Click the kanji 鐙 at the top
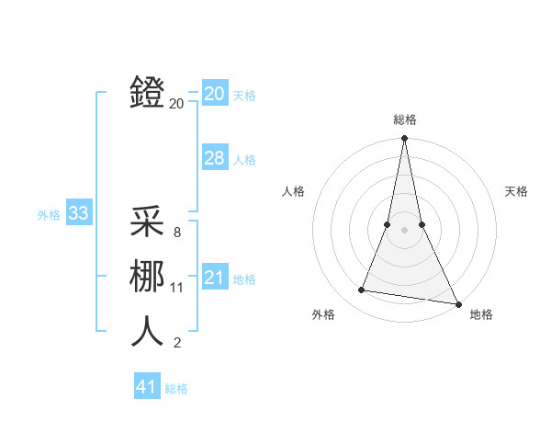[147, 94]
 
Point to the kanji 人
[147, 331]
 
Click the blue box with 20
[214, 94]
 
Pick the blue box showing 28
[214, 158]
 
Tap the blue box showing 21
[214, 278]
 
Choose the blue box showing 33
[78, 214]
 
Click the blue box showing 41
[147, 387]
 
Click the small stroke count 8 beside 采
[177, 233]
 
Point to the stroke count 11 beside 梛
[177, 288]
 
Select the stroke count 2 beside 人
[177, 343]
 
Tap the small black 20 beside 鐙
[176, 104]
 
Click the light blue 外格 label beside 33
[49, 215]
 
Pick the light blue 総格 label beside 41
[176, 388]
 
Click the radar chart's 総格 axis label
[404, 119]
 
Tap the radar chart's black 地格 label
[481, 314]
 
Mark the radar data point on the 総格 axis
[404, 139]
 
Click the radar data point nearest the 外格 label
[362, 290]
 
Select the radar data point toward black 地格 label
[457, 303]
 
